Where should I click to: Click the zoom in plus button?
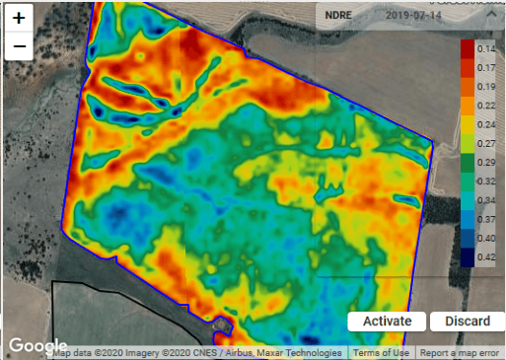(x=19, y=18)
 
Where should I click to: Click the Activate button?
(x=387, y=322)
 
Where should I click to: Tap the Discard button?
(x=468, y=322)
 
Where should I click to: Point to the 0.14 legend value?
(x=485, y=48)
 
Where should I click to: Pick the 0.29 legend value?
(x=485, y=161)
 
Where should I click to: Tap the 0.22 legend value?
(x=485, y=105)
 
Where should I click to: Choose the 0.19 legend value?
(x=485, y=86)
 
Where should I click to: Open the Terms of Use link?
(x=381, y=353)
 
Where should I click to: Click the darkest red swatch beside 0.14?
(x=468, y=48)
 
